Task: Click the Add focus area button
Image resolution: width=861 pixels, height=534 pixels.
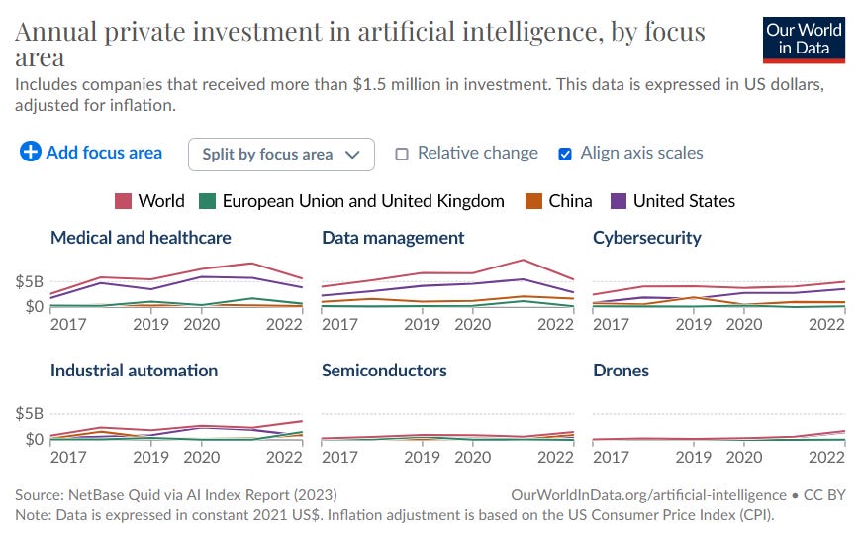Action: pyautogui.click(x=91, y=153)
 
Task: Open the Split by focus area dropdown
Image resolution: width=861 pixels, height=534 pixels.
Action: pyautogui.click(x=281, y=154)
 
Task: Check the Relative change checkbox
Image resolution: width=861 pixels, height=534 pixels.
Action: pyautogui.click(x=402, y=154)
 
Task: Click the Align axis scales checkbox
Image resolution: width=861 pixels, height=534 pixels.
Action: pyautogui.click(x=565, y=154)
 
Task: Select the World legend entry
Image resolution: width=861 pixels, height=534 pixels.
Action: pyautogui.click(x=150, y=201)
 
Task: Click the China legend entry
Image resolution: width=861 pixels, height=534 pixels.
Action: pyautogui.click(x=559, y=201)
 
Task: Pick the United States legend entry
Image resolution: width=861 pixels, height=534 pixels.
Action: pyautogui.click(x=673, y=201)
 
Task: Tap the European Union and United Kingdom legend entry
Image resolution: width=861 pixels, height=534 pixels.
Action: pyautogui.click(x=351, y=201)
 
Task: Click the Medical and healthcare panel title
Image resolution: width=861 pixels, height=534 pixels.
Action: pyautogui.click(x=141, y=238)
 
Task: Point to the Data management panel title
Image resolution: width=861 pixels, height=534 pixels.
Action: pyautogui.click(x=393, y=238)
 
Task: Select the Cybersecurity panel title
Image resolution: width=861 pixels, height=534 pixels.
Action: pyautogui.click(x=646, y=238)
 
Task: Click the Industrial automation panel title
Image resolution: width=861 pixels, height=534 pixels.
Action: pyautogui.click(x=134, y=371)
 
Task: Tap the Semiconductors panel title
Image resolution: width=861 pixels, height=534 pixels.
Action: pyautogui.click(x=384, y=371)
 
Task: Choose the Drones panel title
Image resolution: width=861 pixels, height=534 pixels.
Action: pyautogui.click(x=621, y=371)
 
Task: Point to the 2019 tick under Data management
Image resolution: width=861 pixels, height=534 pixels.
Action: pyautogui.click(x=422, y=324)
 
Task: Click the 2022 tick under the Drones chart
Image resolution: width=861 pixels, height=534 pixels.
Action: pyautogui.click(x=826, y=457)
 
